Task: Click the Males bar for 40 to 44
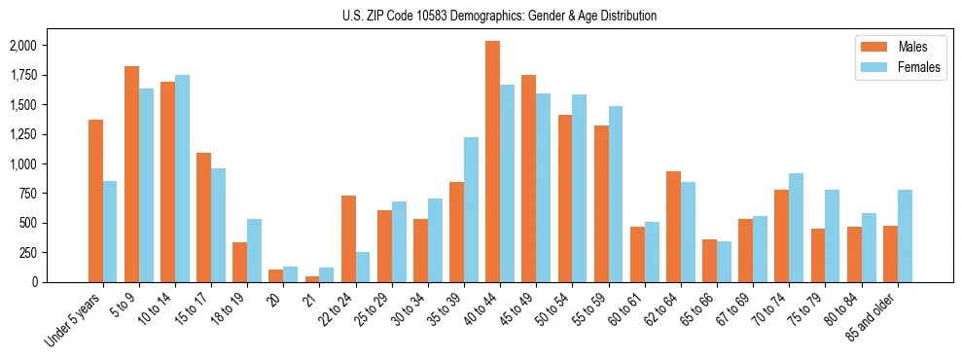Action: coord(493,162)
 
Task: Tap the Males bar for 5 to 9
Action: coord(131,174)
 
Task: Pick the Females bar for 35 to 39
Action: coord(471,209)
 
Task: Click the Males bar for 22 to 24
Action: coord(348,238)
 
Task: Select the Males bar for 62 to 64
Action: coord(673,227)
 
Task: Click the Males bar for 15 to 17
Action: coord(203,217)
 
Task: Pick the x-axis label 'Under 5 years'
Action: coord(74,318)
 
